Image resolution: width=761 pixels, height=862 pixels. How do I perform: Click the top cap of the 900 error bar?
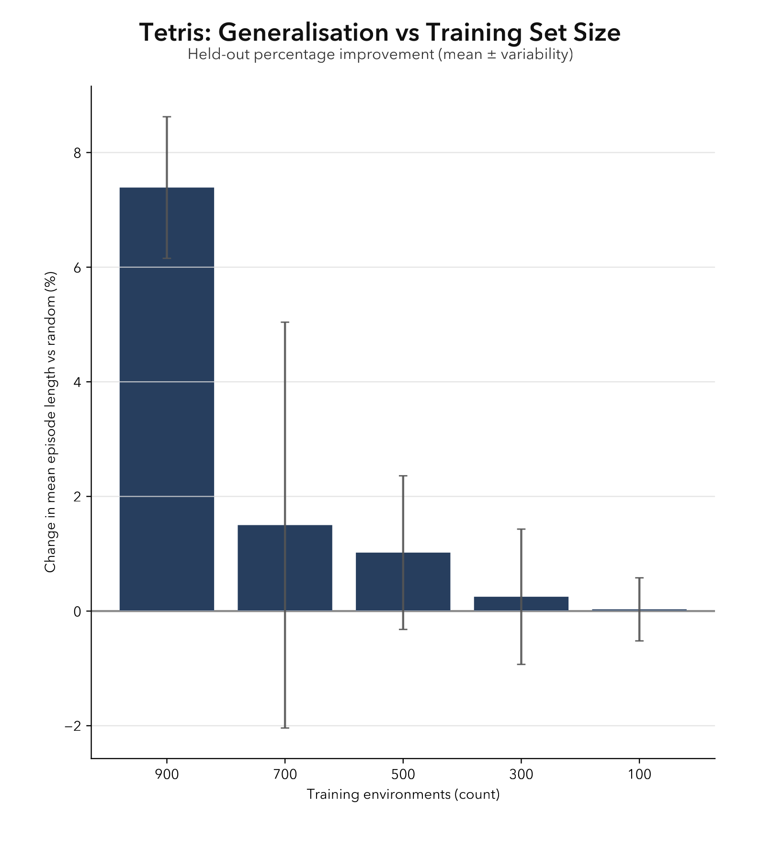click(x=167, y=117)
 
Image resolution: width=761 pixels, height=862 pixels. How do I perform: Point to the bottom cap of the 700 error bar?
click(x=285, y=728)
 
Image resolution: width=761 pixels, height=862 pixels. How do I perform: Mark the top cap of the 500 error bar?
click(x=403, y=476)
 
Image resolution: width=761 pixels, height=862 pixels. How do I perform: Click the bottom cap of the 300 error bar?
click(x=521, y=664)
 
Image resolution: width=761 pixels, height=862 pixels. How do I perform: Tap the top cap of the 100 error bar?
click(x=639, y=578)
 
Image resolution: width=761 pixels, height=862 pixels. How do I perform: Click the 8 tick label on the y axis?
click(x=77, y=153)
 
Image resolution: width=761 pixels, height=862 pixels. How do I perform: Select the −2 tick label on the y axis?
click(x=72, y=726)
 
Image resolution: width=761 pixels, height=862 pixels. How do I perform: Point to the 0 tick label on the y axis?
click(x=77, y=612)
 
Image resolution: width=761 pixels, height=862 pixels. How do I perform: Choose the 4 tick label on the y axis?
click(x=77, y=382)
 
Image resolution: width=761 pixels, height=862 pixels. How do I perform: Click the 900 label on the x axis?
click(x=167, y=775)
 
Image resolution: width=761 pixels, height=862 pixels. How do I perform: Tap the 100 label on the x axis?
click(x=639, y=775)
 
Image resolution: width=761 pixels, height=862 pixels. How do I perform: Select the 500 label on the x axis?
click(x=403, y=775)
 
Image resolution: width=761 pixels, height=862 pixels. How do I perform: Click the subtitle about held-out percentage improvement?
click(x=380, y=55)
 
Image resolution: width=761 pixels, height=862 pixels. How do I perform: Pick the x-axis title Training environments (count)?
click(x=403, y=794)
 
